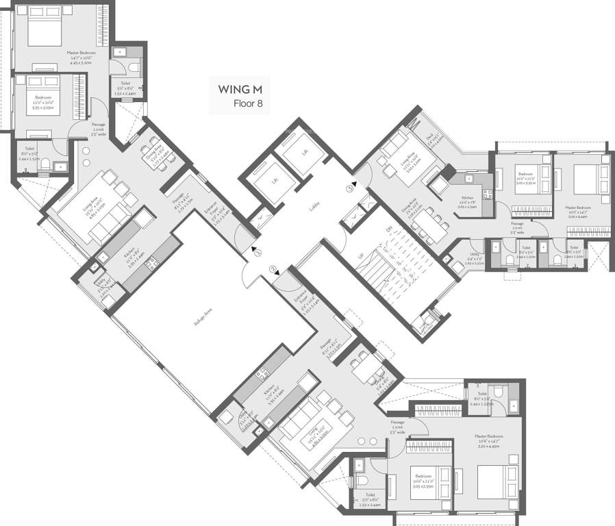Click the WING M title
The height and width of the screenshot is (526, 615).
click(240, 89)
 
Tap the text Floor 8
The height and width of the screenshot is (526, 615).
click(248, 105)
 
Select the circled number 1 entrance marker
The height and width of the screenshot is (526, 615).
click(258, 252)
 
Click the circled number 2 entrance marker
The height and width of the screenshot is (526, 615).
click(273, 269)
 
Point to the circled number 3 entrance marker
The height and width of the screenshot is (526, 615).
click(349, 188)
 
